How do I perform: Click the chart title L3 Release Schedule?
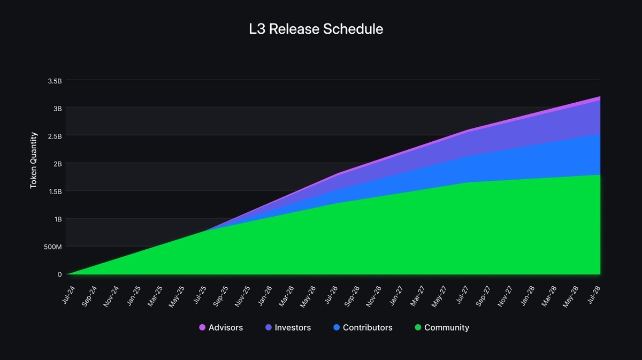pos(316,29)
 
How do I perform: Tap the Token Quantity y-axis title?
pos(34,160)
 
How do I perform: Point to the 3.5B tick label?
pos(55,81)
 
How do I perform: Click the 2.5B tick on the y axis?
pos(55,136)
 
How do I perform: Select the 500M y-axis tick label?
pos(53,247)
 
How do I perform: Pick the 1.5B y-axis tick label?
pos(55,192)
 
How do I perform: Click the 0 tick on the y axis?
pos(59,274)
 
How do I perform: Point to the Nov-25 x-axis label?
pos(242,296)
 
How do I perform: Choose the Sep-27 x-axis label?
pos(483,296)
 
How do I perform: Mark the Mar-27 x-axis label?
pos(417,296)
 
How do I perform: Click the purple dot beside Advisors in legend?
pos(202,327)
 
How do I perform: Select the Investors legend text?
pos(293,327)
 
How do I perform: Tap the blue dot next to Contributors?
pos(336,327)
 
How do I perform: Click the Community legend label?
pos(446,327)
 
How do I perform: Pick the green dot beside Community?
pos(418,327)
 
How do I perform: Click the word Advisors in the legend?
pos(225,327)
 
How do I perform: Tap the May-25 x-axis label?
pos(177,296)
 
